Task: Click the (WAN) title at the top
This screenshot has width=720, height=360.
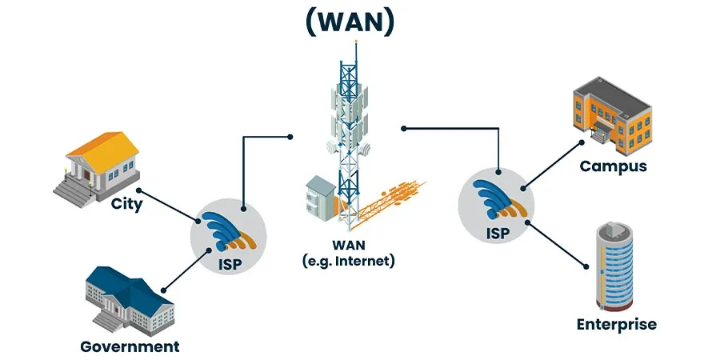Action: (x=350, y=22)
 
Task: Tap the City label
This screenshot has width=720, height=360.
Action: (x=127, y=204)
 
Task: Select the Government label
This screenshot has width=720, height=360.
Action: (x=130, y=346)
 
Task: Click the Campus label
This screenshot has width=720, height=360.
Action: (x=613, y=166)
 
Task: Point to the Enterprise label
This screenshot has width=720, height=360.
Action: (x=617, y=324)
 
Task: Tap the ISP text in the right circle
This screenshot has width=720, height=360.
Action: (x=497, y=234)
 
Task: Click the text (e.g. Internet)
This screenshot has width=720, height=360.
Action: (x=349, y=261)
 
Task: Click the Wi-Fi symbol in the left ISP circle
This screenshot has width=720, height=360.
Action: (x=228, y=232)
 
